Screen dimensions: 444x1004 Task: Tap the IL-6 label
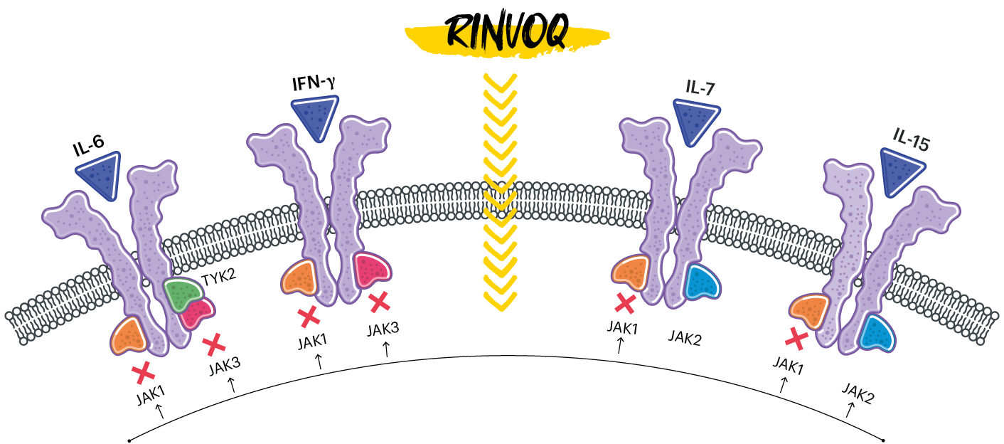(x=88, y=149)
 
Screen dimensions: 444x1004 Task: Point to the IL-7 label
(x=700, y=88)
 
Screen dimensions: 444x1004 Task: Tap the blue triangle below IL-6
(x=101, y=177)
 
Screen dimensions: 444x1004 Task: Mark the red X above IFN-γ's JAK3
(x=379, y=302)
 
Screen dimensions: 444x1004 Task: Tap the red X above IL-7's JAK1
(x=625, y=303)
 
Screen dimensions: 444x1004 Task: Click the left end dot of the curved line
(x=129, y=439)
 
